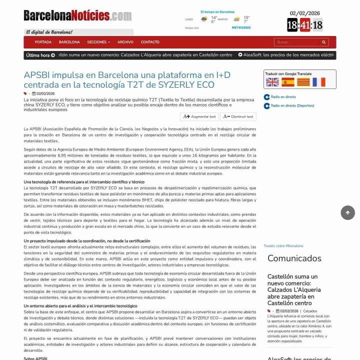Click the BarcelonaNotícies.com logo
click(77, 16)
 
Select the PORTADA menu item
click(43, 42)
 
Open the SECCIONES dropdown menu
click(98, 42)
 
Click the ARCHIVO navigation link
click(125, 42)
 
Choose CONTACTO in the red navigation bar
click(150, 42)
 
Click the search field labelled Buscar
click(296, 42)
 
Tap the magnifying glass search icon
click(324, 42)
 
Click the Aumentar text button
click(199, 116)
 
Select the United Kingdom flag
click(272, 82)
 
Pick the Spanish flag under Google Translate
click(288, 82)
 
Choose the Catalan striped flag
click(303, 82)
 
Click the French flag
click(319, 82)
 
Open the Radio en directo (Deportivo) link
click(292, 106)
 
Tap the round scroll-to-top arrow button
click(347, 212)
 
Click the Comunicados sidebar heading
click(294, 258)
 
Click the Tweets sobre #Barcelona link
click(283, 246)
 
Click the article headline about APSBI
click(127, 80)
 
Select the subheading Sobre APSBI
click(35, 358)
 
